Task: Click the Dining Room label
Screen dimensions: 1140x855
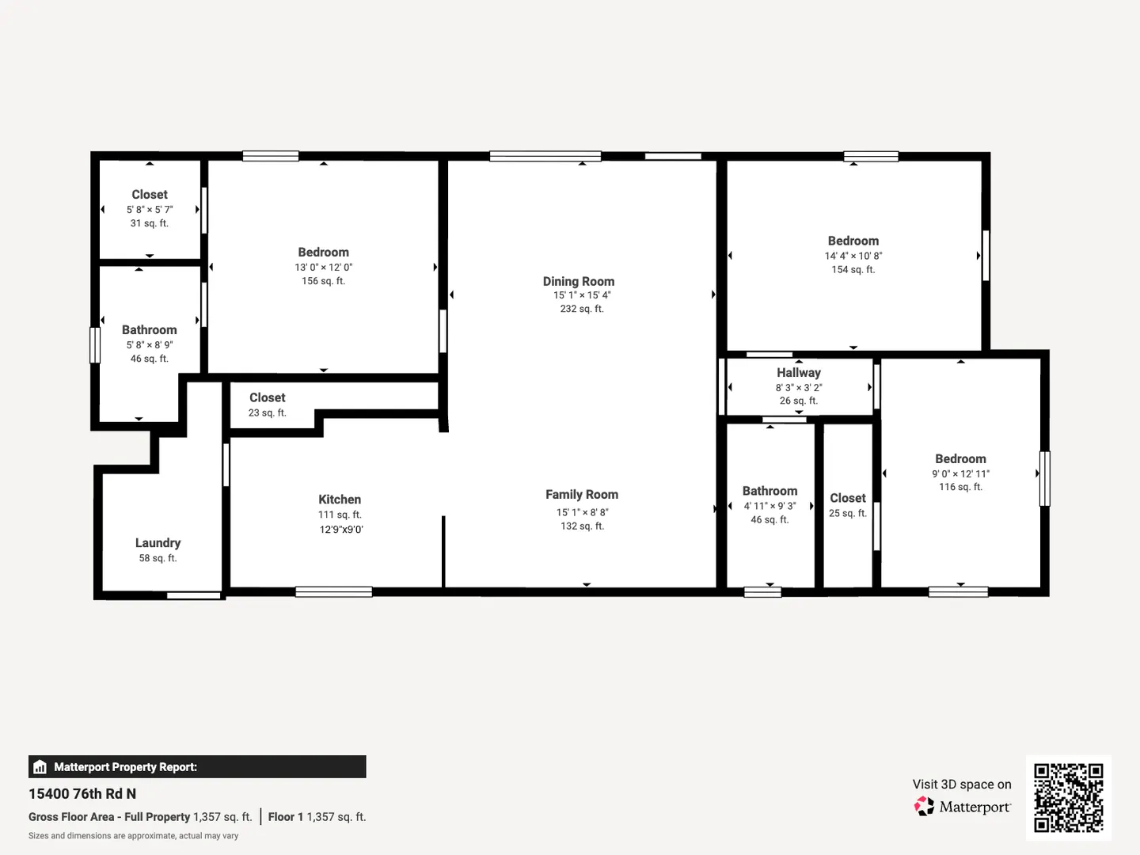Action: coord(579,281)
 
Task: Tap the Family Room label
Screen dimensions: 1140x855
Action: coord(582,495)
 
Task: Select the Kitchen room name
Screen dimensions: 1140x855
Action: coord(340,500)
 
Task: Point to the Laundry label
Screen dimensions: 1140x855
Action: coord(158,543)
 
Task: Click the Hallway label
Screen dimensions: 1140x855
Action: coord(799,373)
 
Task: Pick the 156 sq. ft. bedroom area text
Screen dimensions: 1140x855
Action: coord(324,281)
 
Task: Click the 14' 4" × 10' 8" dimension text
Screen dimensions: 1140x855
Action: coord(853,256)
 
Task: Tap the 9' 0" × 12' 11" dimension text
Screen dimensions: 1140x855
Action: coord(961,474)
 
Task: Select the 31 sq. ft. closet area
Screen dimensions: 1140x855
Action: coord(150,223)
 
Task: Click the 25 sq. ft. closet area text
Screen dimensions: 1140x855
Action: coord(848,514)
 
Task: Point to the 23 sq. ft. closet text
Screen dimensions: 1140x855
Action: coord(267,412)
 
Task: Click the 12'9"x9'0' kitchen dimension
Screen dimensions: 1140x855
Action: coord(341,530)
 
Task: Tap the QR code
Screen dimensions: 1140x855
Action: coord(1068,797)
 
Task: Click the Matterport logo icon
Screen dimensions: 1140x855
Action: coord(924,806)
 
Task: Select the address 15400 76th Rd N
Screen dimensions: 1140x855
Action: coord(82,794)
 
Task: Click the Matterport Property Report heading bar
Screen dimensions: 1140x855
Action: coord(197,767)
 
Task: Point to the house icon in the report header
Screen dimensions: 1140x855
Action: coord(40,767)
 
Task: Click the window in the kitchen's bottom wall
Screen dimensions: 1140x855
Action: coord(334,592)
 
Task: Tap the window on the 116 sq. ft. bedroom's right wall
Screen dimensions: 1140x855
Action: coord(1044,479)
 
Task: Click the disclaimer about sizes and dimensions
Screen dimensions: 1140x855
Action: coord(134,836)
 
